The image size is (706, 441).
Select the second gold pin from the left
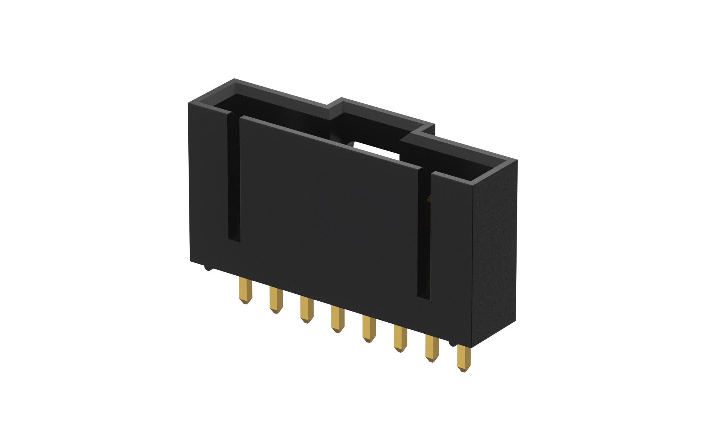click(x=276, y=299)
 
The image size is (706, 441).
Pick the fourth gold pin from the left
click(x=337, y=319)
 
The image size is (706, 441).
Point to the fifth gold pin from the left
click(x=368, y=328)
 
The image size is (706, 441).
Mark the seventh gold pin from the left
click(x=432, y=348)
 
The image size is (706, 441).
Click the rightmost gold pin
click(x=463, y=358)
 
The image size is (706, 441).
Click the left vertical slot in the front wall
click(x=234, y=180)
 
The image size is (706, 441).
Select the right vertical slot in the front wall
click(x=424, y=235)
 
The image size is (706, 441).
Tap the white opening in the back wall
click(x=375, y=150)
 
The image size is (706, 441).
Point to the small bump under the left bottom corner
click(x=208, y=268)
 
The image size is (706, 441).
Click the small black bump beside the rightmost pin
click(x=452, y=343)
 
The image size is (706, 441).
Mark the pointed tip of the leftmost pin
click(x=245, y=302)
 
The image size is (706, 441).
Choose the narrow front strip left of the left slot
click(x=208, y=184)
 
